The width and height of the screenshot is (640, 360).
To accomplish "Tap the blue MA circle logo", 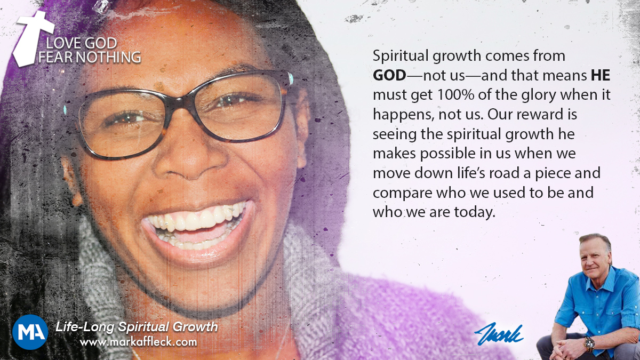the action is point(30,332).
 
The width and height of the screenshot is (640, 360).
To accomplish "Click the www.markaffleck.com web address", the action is point(138,342).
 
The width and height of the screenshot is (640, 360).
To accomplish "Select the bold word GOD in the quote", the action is point(389,75).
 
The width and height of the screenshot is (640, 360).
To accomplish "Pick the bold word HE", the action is point(601,75).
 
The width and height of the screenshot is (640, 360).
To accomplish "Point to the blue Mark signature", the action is point(499,334).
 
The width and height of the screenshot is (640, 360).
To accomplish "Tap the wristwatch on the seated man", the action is point(589,343).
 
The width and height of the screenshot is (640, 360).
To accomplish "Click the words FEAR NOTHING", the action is point(90,57).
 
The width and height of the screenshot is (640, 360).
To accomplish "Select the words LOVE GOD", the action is point(82,43).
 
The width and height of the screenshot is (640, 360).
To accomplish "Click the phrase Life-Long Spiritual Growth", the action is point(137,326).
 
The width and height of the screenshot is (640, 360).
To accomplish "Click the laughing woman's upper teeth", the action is point(197,219).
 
